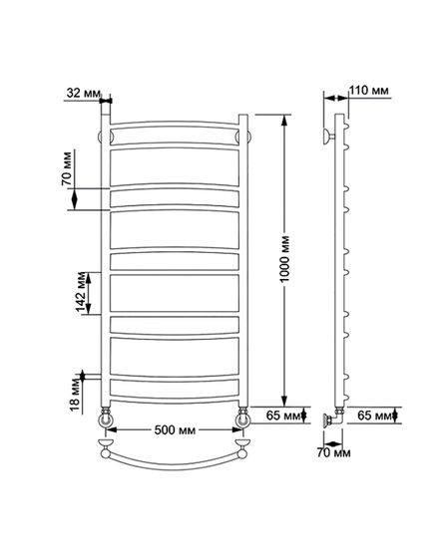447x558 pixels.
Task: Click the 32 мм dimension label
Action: tap(84, 94)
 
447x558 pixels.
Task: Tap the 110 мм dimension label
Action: tap(368, 91)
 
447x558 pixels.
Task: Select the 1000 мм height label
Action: tap(285, 259)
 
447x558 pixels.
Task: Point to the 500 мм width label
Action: tap(175, 429)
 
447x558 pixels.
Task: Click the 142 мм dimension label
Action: tap(81, 293)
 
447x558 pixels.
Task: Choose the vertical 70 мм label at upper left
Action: tap(67, 168)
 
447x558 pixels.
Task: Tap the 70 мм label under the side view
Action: tap(333, 453)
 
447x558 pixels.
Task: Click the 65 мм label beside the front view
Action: tap(283, 415)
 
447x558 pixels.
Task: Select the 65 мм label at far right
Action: tap(374, 415)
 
